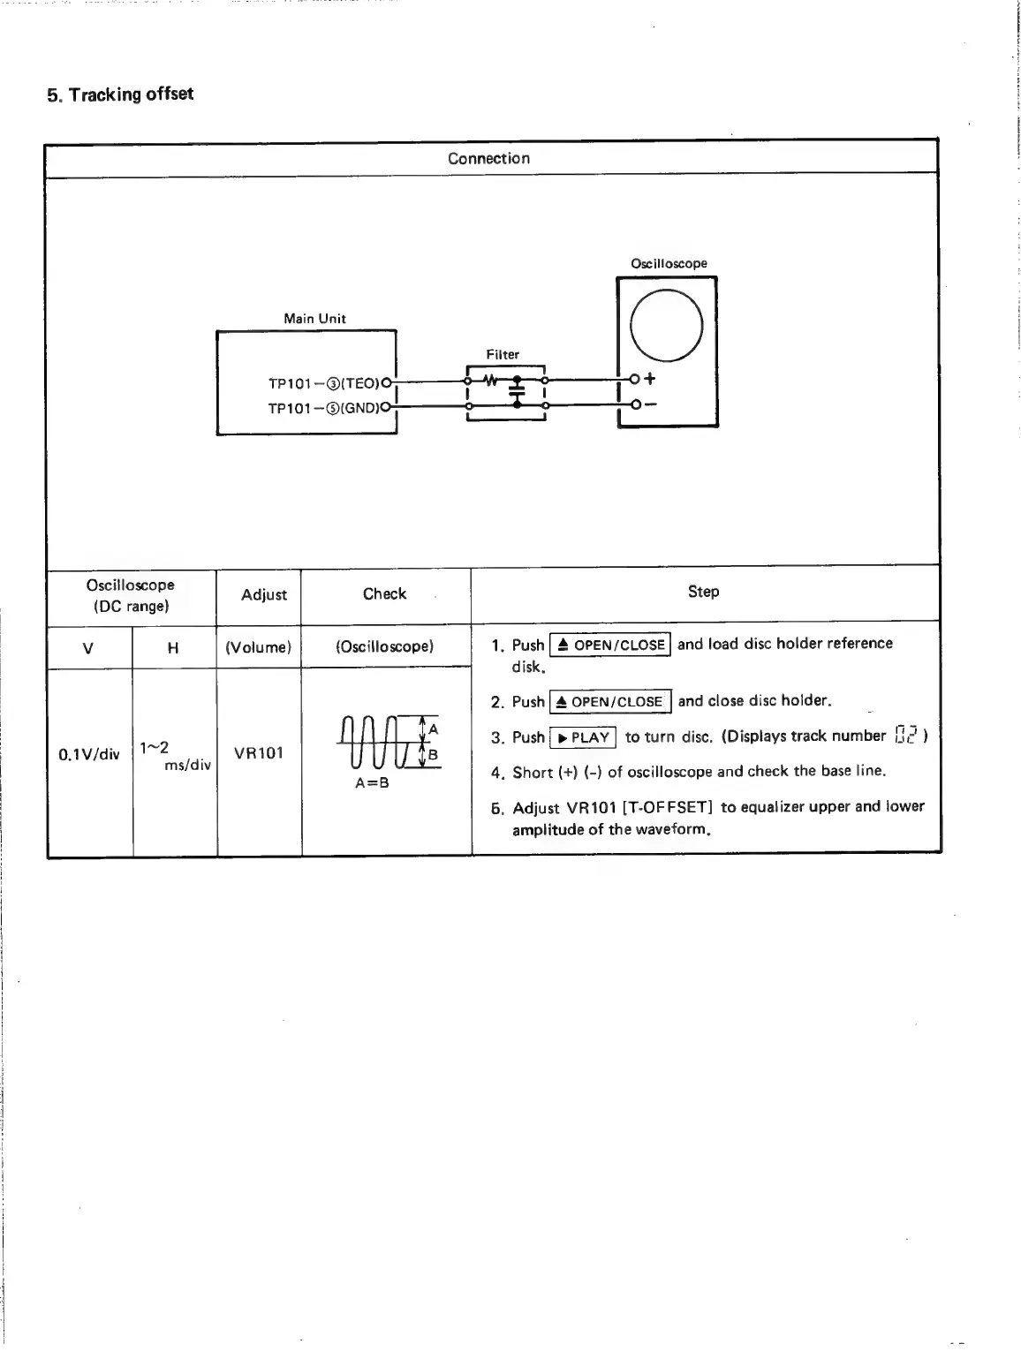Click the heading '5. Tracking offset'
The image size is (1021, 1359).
[120, 94]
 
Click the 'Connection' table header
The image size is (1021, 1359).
[488, 159]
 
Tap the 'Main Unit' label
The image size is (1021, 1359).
[314, 319]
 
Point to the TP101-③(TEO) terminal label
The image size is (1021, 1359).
[323, 383]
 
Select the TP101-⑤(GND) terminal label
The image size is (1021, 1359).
[323, 408]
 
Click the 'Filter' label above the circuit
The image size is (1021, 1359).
[503, 355]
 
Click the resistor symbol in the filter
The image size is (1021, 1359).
[491, 381]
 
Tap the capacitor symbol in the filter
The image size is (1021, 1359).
[518, 392]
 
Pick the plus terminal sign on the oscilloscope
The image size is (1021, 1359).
[651, 379]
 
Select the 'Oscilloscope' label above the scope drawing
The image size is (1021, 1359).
[669, 264]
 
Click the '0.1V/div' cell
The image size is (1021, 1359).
[88, 754]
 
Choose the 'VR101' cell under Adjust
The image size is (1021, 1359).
[259, 753]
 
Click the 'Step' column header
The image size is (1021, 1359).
[703, 592]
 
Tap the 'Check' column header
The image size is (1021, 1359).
[384, 594]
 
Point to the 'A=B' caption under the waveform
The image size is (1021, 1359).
[372, 783]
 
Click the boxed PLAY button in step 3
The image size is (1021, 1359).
[583, 737]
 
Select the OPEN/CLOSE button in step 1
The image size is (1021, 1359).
[610, 645]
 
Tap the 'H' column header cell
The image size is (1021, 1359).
[173, 648]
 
